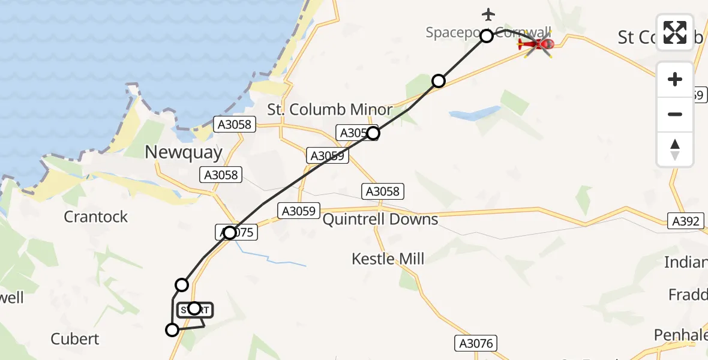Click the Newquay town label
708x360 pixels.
coord(184,152)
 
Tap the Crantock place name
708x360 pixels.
coord(96,217)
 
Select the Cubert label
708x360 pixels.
coord(75,339)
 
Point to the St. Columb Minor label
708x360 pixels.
coord(330,110)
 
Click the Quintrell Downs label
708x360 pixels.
coord(380,220)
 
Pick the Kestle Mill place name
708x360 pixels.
coord(388,259)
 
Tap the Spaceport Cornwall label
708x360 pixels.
coord(456,32)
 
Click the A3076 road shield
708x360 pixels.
coord(475,343)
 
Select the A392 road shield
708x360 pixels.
coord(685,221)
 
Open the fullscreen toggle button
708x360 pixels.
coord(675,32)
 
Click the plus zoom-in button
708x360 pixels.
coord(675,80)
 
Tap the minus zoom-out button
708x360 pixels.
coord(675,114)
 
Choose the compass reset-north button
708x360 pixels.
coord(675,149)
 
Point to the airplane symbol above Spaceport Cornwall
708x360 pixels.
coord(488,14)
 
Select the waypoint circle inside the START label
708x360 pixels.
coord(194,308)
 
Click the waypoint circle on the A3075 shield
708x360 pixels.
coord(230,233)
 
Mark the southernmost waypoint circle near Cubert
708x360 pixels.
coord(172,329)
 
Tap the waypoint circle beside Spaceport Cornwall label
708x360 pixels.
coord(487,36)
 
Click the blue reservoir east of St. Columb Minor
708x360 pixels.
coord(474,113)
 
